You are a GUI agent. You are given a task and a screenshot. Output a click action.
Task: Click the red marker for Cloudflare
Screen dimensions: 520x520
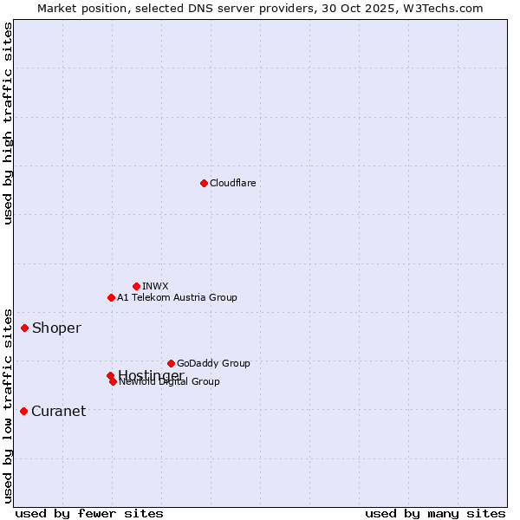coord(204,183)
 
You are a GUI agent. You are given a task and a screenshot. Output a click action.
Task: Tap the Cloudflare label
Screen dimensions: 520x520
coord(233,183)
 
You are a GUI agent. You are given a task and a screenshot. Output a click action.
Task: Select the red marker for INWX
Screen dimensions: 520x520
coord(136,286)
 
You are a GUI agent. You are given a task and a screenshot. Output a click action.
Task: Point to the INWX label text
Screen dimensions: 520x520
coord(155,286)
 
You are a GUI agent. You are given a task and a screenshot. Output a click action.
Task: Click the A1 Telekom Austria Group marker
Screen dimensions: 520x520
coord(111,297)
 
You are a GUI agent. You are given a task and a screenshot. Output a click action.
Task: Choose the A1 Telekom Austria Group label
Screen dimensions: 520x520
coord(177,297)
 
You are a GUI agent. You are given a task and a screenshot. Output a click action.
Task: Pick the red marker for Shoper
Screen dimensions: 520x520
coord(24,328)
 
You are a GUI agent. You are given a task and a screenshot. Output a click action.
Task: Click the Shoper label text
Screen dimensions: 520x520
coord(56,328)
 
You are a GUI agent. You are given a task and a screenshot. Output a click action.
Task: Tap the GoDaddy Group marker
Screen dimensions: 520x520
coord(171,363)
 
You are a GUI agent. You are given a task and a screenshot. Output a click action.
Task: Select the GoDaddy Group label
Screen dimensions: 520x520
coord(213,363)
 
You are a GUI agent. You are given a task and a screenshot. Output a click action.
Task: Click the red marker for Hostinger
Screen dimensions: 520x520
coord(110,375)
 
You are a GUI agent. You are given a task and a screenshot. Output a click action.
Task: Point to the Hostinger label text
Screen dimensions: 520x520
coord(152,374)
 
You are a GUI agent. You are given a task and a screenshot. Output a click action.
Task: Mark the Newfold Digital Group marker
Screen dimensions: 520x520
coord(113,381)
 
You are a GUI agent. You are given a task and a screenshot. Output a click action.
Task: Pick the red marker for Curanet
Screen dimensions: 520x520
coord(23,411)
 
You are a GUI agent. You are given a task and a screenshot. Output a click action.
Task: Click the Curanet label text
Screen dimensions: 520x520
coord(58,411)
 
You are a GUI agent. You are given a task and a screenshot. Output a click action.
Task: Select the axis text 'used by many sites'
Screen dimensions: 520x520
coord(435,514)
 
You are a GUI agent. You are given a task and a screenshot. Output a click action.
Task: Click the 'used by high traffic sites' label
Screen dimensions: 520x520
coord(9,123)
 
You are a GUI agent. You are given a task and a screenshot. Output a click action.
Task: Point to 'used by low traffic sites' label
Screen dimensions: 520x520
coord(9,405)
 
